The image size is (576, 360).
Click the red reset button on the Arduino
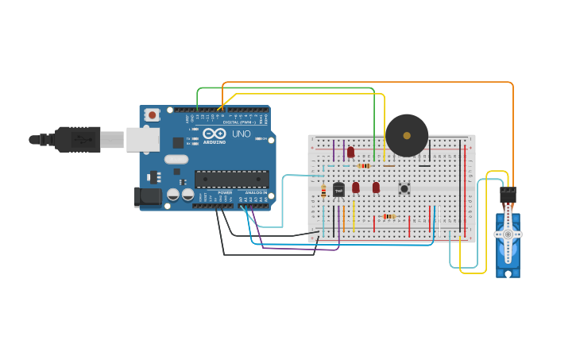[152, 115]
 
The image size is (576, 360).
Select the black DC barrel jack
[147, 195]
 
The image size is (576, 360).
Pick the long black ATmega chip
[232, 179]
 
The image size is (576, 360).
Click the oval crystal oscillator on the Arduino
[176, 159]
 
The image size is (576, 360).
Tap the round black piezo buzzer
[407, 135]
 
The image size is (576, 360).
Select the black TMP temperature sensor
[338, 190]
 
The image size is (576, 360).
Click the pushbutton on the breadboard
[404, 188]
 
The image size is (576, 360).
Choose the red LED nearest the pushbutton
[376, 188]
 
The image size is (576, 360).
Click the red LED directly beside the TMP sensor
[356, 188]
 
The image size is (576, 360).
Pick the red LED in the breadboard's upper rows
[350, 152]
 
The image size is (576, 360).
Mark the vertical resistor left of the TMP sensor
[323, 191]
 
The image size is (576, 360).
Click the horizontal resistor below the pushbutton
[389, 216]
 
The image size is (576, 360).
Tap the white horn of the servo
[508, 234]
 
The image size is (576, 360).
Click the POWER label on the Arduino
[225, 192]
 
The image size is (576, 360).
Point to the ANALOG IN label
[256, 192]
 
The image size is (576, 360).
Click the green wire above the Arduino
[286, 88]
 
